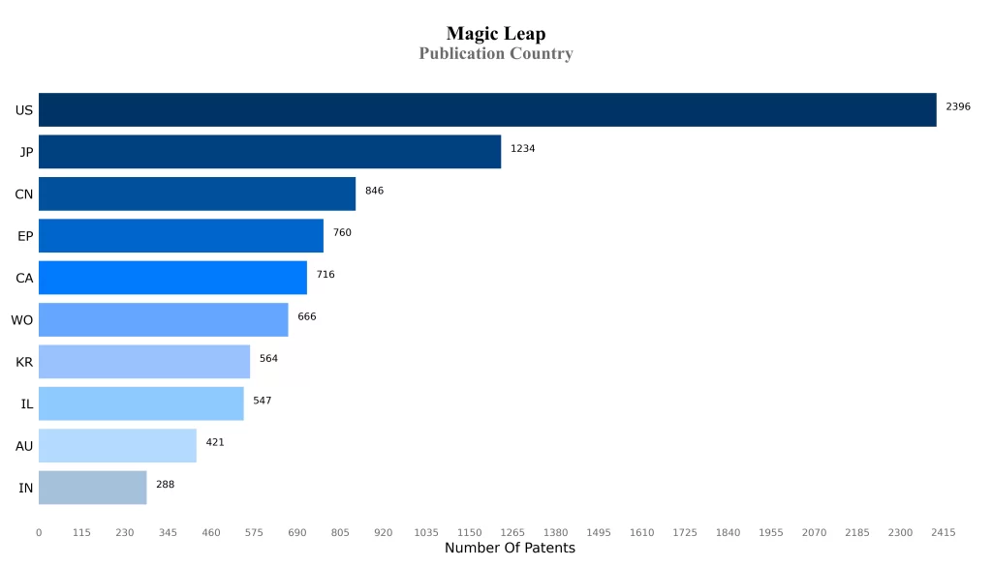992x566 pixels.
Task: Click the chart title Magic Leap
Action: pyautogui.click(x=495, y=34)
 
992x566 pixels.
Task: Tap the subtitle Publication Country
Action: pyautogui.click(x=495, y=54)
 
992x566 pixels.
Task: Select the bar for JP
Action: pyautogui.click(x=269, y=152)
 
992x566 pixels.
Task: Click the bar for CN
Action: pyautogui.click(x=197, y=194)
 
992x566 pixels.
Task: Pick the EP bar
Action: pyautogui.click(x=181, y=236)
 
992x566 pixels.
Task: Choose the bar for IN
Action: pyautogui.click(x=92, y=488)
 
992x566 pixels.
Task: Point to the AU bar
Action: pyautogui.click(x=117, y=446)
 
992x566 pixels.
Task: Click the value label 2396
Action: pyautogui.click(x=957, y=106)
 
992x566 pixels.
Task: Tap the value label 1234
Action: pyautogui.click(x=522, y=149)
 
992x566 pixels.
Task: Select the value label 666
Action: pyautogui.click(x=306, y=316)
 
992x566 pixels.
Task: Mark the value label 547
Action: pyautogui.click(x=262, y=401)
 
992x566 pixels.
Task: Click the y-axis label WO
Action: pyautogui.click(x=21, y=320)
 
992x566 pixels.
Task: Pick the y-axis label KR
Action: pyautogui.click(x=24, y=362)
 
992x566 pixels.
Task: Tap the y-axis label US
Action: pyautogui.click(x=24, y=110)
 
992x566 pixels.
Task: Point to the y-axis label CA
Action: pyautogui.click(x=24, y=279)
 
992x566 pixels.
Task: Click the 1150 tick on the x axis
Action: pyautogui.click(x=469, y=533)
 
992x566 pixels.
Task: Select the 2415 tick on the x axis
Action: pyautogui.click(x=943, y=533)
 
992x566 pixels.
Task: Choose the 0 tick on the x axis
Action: pyautogui.click(x=39, y=533)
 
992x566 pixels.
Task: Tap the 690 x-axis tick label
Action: pyautogui.click(x=296, y=533)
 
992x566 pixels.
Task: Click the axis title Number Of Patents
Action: pyautogui.click(x=510, y=549)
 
